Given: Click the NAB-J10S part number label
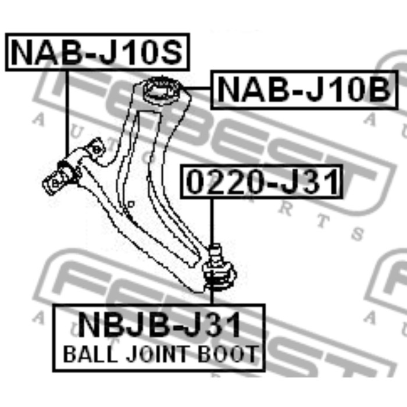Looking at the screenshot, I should (x=97, y=53).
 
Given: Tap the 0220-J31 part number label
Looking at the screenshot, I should (x=261, y=182).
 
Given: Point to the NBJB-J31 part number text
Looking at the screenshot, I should (x=159, y=325).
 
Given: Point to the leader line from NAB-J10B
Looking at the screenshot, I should (x=198, y=89).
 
